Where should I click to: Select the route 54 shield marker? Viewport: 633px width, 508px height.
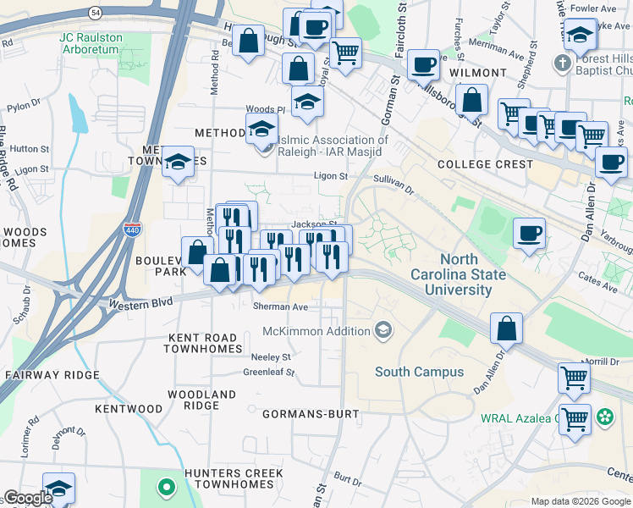95,11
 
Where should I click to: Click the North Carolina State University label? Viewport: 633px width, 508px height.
458,274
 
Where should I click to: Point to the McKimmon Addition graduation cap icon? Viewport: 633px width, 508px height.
383,329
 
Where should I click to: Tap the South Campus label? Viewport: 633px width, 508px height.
419,372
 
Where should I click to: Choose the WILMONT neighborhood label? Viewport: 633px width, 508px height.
478,74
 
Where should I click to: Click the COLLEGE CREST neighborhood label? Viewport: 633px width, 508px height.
485,164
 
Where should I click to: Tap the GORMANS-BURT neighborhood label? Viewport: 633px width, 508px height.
311,415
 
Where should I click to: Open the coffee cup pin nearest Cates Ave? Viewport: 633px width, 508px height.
530,234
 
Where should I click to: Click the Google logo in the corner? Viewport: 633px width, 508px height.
28,498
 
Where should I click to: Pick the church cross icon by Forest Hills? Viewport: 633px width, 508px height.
562,63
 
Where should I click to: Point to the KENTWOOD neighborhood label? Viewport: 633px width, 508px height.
128,409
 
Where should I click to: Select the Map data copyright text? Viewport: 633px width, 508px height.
581,501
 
